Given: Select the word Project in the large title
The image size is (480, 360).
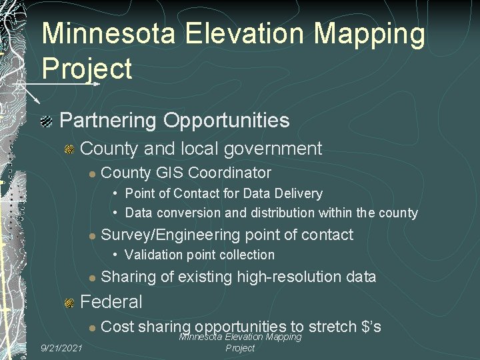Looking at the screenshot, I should (x=87, y=69).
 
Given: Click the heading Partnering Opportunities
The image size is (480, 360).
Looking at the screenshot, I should (x=175, y=121).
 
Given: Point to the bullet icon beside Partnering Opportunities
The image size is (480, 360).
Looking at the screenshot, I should (x=46, y=121).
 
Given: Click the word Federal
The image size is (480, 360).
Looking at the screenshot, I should (x=111, y=302).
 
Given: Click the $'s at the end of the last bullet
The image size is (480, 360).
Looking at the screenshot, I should (x=370, y=327).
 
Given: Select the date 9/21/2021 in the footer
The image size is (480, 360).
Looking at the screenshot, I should (x=61, y=348).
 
